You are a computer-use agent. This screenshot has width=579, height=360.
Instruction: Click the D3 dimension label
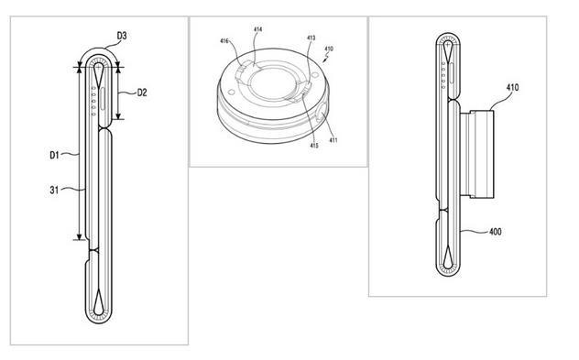pos(122,36)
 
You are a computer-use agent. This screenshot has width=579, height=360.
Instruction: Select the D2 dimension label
pos(142,93)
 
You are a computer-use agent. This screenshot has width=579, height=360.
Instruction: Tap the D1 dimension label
pos(54,155)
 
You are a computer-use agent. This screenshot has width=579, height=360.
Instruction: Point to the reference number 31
pos(54,191)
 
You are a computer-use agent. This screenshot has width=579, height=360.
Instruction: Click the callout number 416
pos(224,41)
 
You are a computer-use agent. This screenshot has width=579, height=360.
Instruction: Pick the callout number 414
pos(257,29)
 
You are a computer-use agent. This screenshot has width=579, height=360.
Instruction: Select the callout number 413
pos(311,38)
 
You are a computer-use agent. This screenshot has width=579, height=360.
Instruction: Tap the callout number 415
pos(314,146)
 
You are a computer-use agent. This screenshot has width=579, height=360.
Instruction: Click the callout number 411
pos(333,140)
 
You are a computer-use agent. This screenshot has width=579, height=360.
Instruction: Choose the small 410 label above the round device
pos(329,49)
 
